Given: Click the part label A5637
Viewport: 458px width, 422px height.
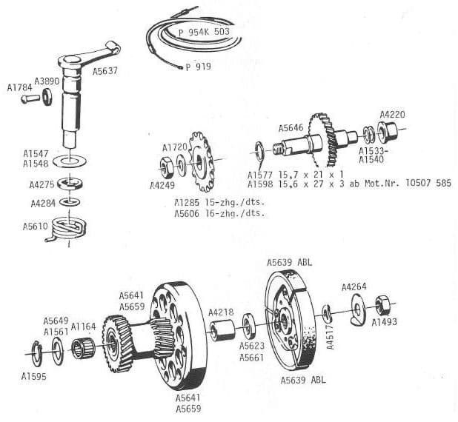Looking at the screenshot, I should point(108,72).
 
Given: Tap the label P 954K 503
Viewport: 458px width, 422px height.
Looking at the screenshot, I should point(204,33).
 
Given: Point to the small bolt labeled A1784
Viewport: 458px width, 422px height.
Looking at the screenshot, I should point(29,98).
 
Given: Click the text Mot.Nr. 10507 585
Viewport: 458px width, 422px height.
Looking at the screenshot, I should point(410,184).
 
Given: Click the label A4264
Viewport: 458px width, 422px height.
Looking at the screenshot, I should point(354,287).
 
